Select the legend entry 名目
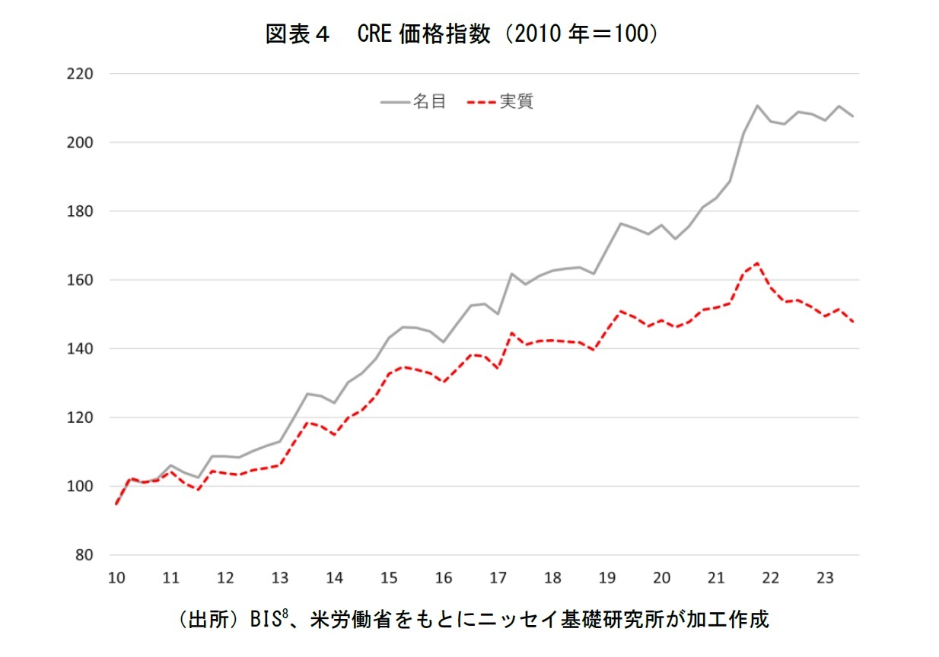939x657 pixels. point(429,102)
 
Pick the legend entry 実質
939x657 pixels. point(516,102)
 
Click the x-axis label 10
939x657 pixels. point(116,578)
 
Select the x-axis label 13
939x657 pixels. point(279,578)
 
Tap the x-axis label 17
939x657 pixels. point(498,578)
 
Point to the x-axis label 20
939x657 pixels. point(661,578)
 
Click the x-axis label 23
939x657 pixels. point(826,578)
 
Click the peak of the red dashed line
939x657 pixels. point(757,263)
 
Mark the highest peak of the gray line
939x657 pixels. point(758,105)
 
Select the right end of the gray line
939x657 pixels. point(853,116)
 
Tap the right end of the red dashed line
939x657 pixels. point(853,322)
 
